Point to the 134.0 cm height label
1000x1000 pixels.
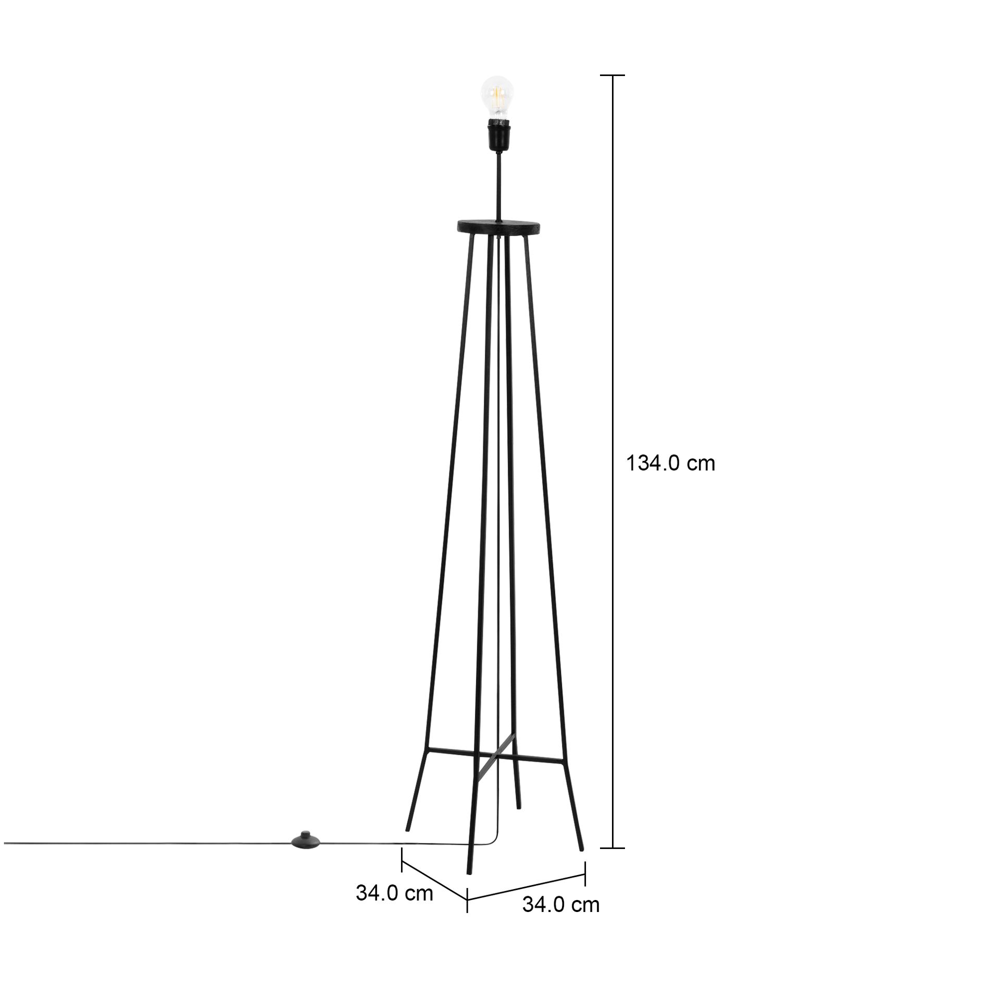click(670, 463)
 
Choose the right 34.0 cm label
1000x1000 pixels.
click(561, 919)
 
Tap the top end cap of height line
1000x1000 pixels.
click(612, 76)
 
